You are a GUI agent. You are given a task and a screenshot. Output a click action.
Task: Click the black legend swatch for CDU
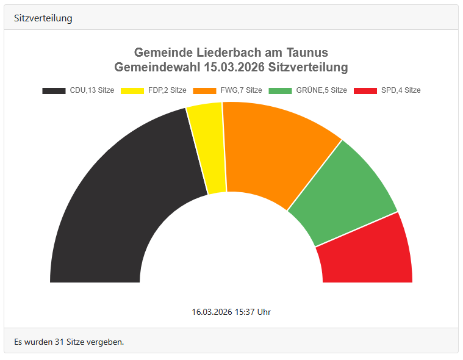[x=54, y=90]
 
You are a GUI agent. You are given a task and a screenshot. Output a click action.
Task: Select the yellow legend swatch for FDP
[x=132, y=90]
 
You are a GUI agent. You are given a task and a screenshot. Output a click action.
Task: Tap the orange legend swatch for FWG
[x=204, y=90]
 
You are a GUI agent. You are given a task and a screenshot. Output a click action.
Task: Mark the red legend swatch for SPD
[x=365, y=90]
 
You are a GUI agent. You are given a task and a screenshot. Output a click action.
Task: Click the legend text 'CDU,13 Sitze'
[x=92, y=90]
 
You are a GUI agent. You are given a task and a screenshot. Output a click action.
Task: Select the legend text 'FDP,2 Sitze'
[x=167, y=90]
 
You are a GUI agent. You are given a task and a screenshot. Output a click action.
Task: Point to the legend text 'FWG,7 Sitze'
[x=241, y=90]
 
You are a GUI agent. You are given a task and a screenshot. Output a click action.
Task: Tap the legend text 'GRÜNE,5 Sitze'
[x=321, y=90]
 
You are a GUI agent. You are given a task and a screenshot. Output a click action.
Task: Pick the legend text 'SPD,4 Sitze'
[x=401, y=90]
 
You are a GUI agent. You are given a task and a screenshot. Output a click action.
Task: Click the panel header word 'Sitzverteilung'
[x=43, y=18]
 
